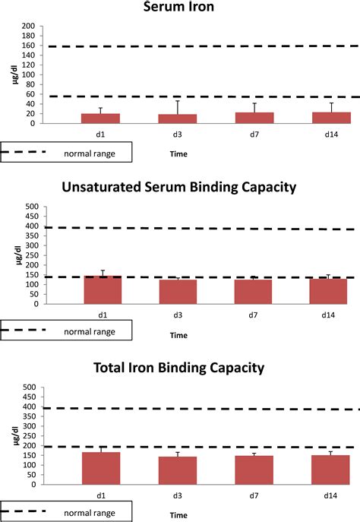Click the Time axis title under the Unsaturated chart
tap(179, 334)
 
